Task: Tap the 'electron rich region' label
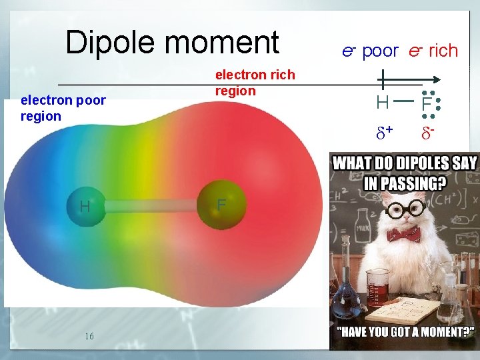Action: point(254,83)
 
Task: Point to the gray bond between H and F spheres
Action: point(153,206)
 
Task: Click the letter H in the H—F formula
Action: point(382,103)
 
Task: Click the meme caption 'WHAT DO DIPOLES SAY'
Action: point(405,162)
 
